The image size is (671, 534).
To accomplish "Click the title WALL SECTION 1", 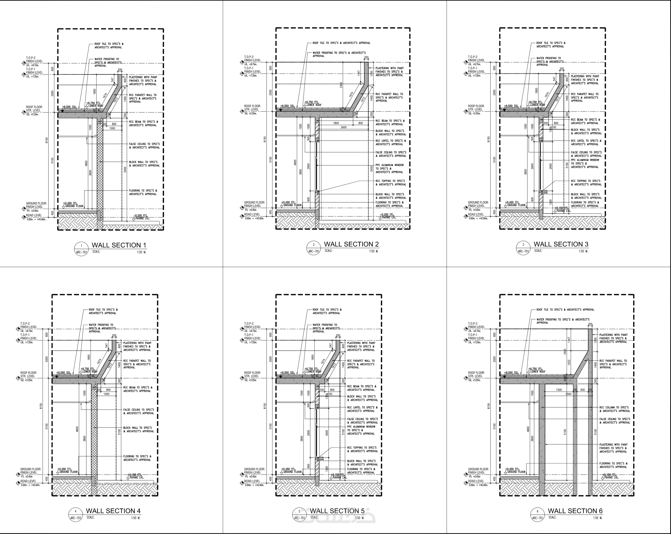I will point(119,245).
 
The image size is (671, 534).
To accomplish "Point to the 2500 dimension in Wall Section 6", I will point(568,394).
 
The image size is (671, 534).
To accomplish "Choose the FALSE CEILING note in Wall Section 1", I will point(144,146).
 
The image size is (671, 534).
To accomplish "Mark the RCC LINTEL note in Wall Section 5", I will point(362,409).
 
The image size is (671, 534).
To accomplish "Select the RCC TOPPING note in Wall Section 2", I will point(391,182).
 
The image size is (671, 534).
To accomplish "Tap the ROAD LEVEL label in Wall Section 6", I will point(475,481).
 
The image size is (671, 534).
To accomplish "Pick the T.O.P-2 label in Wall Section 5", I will point(249,324).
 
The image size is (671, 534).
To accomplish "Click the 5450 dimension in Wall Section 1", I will point(125,170).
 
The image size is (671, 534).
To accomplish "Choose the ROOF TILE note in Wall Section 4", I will point(103,311).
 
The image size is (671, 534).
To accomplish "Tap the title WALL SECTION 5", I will point(337,511).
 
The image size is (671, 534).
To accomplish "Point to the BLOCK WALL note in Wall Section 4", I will point(138,429).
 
